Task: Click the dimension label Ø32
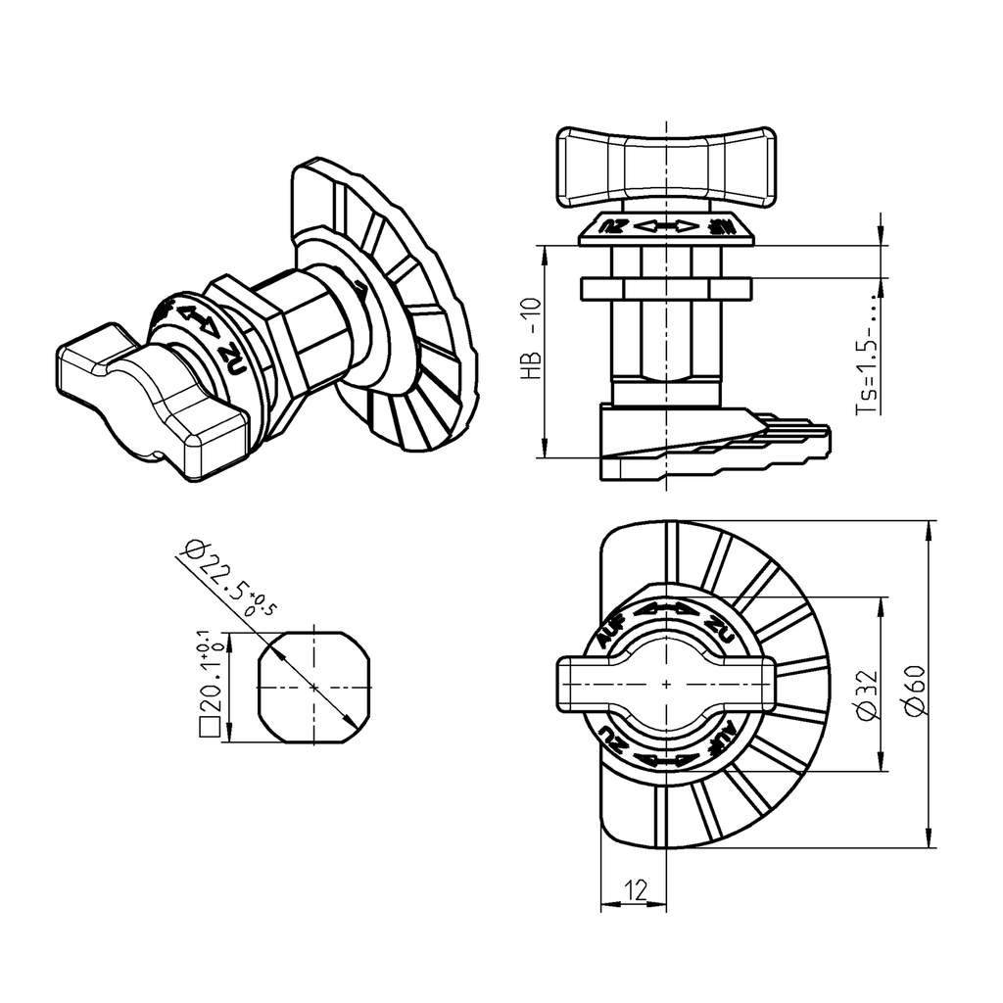click(864, 697)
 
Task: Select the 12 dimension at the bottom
click(634, 889)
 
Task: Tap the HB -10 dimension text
click(531, 338)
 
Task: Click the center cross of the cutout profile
click(313, 688)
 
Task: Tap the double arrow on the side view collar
click(666, 227)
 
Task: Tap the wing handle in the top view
click(666, 683)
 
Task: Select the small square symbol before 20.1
click(208, 728)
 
